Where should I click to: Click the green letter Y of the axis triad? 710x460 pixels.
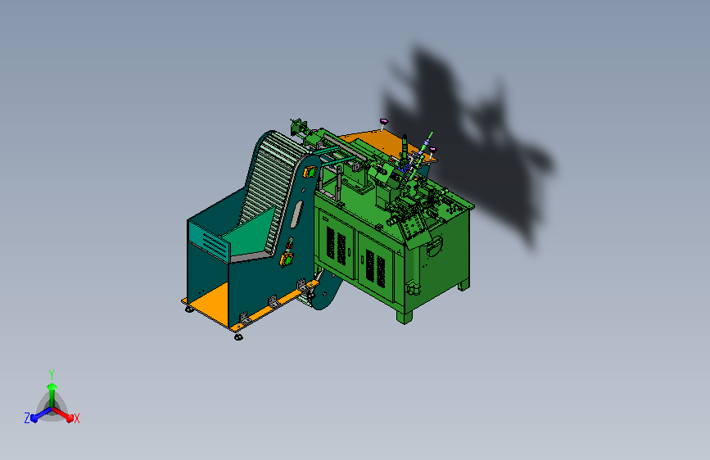click(x=52, y=374)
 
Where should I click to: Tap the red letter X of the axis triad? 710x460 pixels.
click(x=77, y=418)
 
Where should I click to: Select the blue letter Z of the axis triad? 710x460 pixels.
click(x=27, y=418)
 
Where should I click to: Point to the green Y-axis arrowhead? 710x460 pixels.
click(x=52, y=386)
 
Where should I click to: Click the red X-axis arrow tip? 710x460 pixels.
click(x=70, y=418)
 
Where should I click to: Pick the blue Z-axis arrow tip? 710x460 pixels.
click(x=34, y=418)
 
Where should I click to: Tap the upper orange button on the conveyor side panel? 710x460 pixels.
click(x=310, y=172)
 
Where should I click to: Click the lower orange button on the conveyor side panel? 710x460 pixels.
click(x=287, y=260)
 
